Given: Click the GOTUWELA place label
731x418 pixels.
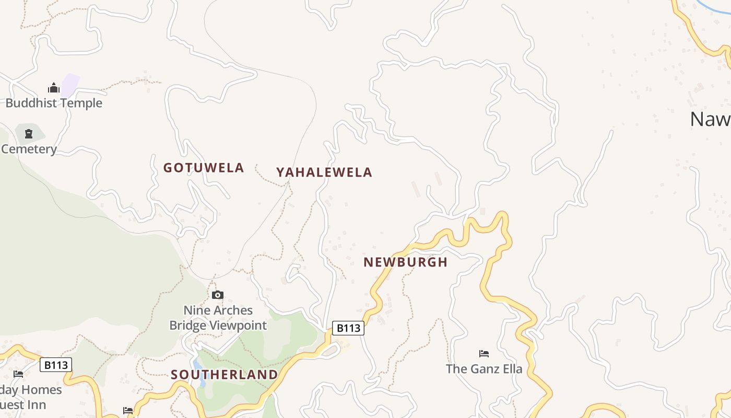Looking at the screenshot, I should pyautogui.click(x=204, y=168).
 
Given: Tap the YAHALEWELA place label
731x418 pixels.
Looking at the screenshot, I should pyautogui.click(x=324, y=172).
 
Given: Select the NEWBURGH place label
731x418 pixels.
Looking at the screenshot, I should pyautogui.click(x=406, y=262).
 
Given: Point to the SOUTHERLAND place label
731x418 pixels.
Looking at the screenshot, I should pyautogui.click(x=225, y=375).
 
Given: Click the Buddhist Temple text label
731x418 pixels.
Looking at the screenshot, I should pyautogui.click(x=54, y=103).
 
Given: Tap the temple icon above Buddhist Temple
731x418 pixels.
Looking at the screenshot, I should pyautogui.click(x=54, y=88).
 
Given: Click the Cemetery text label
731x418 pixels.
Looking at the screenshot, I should pyautogui.click(x=29, y=149).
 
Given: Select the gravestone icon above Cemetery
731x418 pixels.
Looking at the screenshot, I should pyautogui.click(x=29, y=134).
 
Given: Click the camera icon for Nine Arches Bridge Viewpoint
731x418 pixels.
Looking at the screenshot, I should pyautogui.click(x=218, y=295).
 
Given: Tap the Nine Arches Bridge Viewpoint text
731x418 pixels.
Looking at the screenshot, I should pyautogui.click(x=218, y=318).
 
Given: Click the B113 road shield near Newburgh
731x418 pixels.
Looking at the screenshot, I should pyautogui.click(x=348, y=328).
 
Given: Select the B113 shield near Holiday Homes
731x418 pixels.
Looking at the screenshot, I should pyautogui.click(x=56, y=365).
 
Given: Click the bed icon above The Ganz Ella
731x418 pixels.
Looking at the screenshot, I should pyautogui.click(x=484, y=354).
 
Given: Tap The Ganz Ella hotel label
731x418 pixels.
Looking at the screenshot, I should pyautogui.click(x=484, y=369).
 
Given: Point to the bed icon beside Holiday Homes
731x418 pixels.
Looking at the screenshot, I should pyautogui.click(x=18, y=374).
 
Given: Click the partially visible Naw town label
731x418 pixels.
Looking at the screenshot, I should pyautogui.click(x=710, y=119).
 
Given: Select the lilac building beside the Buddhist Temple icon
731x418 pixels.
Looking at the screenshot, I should pyautogui.click(x=70, y=85).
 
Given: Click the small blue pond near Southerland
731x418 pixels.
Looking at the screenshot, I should pyautogui.click(x=198, y=373).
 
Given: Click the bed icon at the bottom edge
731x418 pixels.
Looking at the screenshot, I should pyautogui.click(x=128, y=411).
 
